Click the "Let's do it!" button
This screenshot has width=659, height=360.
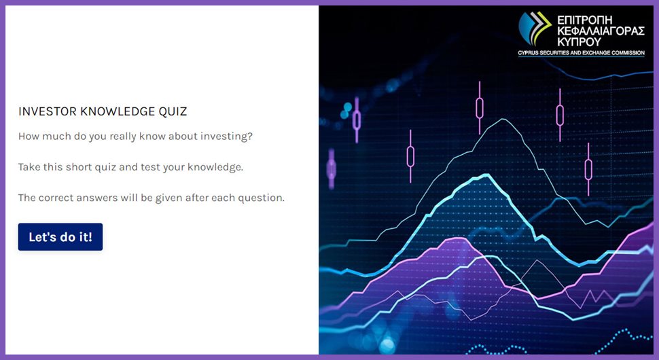click(x=60, y=237)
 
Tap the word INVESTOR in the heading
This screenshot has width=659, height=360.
click(x=48, y=111)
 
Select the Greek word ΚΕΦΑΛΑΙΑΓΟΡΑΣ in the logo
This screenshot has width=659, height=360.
click(x=601, y=31)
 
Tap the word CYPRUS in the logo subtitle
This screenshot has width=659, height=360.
click(x=527, y=53)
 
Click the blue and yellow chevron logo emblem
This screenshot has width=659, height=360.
click(x=535, y=28)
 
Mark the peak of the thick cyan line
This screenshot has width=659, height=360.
click(x=486, y=175)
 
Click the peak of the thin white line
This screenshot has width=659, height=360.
click(x=503, y=120)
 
